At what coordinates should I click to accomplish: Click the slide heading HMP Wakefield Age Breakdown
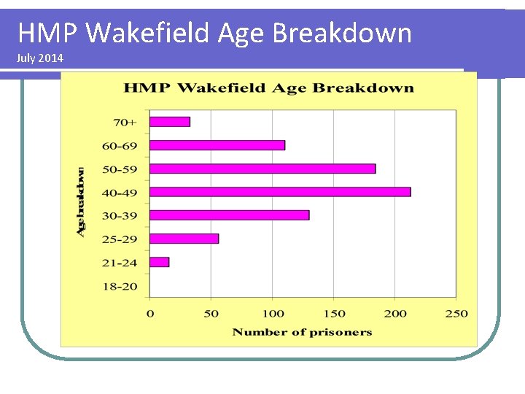click(214, 33)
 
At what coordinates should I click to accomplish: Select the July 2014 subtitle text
click(39, 58)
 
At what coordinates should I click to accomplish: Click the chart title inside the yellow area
click(268, 88)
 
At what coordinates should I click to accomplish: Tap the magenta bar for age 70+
click(170, 122)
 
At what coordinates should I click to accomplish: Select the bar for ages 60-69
click(217, 145)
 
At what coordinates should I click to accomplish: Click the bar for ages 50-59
click(262, 169)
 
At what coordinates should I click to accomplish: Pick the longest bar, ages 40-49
click(280, 192)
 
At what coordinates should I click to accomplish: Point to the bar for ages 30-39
click(230, 215)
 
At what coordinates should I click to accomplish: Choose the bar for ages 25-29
click(184, 239)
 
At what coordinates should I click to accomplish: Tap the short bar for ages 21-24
click(160, 262)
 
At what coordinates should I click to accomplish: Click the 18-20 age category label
click(120, 286)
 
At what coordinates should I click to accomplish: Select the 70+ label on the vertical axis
click(125, 122)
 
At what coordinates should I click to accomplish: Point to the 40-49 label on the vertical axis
click(120, 193)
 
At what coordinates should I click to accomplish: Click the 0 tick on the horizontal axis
click(150, 314)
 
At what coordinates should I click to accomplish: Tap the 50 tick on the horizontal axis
click(211, 314)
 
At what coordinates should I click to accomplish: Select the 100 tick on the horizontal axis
click(273, 314)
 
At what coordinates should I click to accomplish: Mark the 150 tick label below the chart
click(334, 314)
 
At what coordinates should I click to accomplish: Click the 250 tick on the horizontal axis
click(456, 314)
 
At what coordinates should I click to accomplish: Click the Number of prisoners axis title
click(302, 333)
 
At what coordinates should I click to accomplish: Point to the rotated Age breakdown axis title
click(81, 201)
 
